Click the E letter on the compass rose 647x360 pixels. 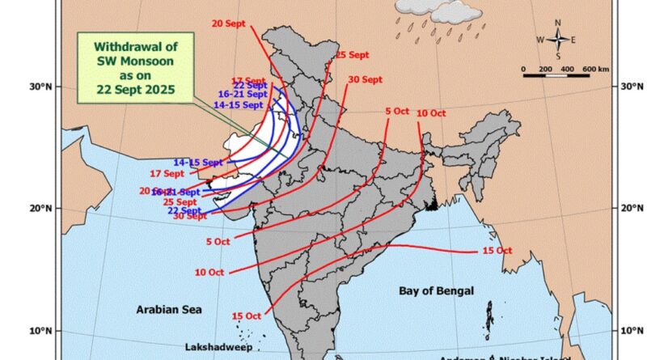tap(573, 39)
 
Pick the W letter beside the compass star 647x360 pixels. tap(541, 39)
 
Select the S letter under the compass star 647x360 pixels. tap(559, 55)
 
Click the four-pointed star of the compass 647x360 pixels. tap(559, 39)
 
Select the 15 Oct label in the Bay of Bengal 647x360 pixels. tap(498, 251)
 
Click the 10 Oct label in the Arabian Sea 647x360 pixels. tap(209, 273)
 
